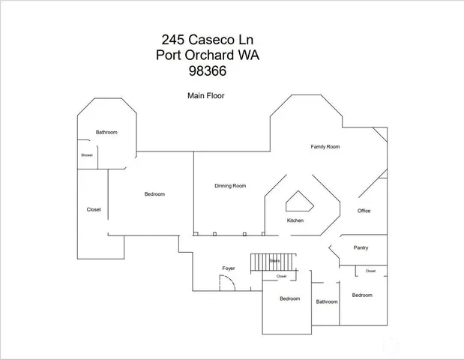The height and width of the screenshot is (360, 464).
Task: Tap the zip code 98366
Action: (x=208, y=72)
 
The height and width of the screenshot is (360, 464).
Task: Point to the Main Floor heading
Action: (x=205, y=96)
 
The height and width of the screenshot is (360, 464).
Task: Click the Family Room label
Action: (x=325, y=147)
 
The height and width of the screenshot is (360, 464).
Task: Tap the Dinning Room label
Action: (x=230, y=186)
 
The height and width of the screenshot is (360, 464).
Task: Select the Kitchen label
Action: (x=295, y=221)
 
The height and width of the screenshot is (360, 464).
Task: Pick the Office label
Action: (x=364, y=211)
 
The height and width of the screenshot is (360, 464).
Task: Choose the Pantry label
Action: (x=361, y=247)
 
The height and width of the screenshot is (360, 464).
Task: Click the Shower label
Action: (x=87, y=155)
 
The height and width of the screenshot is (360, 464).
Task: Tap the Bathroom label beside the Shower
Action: (x=106, y=133)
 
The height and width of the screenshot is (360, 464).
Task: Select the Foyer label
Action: (x=229, y=268)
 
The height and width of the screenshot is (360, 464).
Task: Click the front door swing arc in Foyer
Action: (x=226, y=283)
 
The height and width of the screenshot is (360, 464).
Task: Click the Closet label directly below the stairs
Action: (x=281, y=276)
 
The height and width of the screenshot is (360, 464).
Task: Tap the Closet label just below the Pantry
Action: (x=370, y=271)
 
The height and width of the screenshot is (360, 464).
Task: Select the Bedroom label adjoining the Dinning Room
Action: (x=154, y=194)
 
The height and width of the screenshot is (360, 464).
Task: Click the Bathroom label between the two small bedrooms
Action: (x=327, y=301)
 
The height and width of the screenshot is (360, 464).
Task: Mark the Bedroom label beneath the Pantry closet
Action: (x=362, y=295)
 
